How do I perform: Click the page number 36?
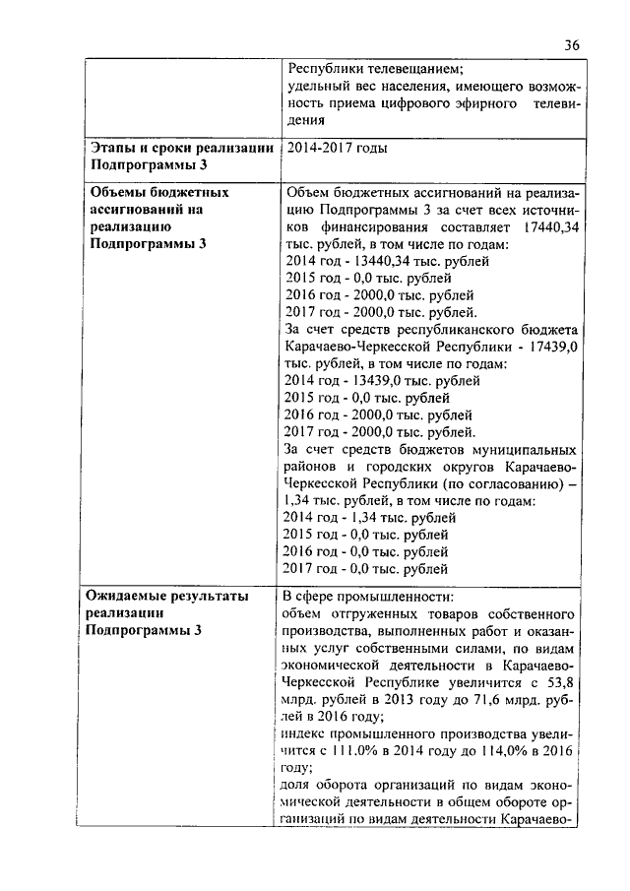[x=573, y=43]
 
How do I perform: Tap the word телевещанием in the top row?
[x=409, y=69]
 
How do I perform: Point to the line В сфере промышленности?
[x=368, y=597]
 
